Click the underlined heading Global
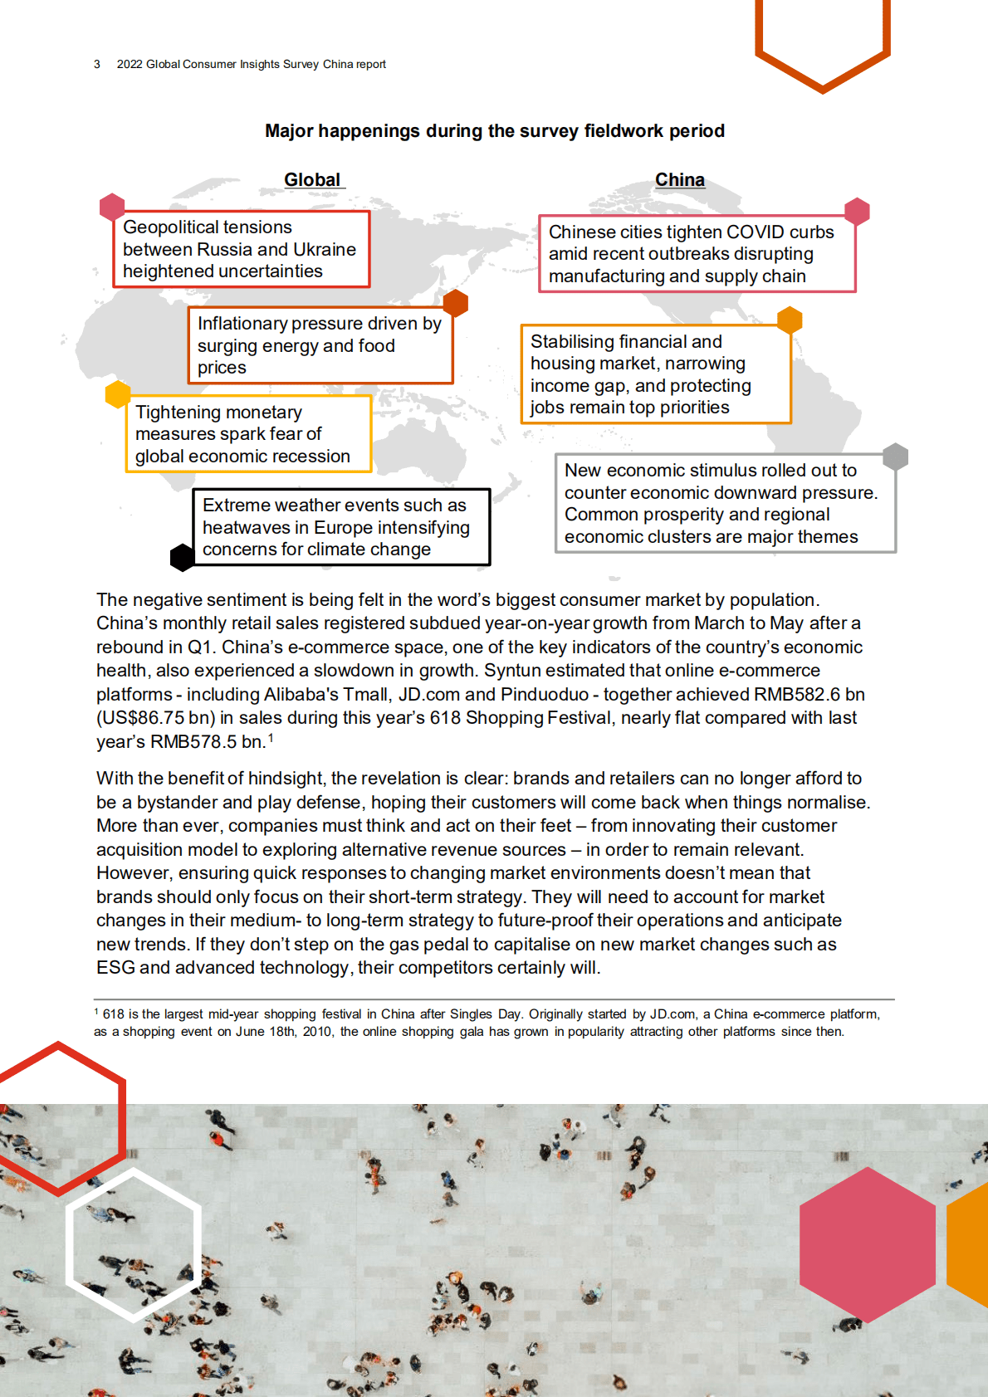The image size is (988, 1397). click(x=312, y=180)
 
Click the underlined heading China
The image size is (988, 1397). click(x=679, y=180)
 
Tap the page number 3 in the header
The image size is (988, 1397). click(x=97, y=64)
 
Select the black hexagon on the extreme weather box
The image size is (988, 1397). click(x=183, y=557)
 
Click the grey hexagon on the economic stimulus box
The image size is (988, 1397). click(x=895, y=456)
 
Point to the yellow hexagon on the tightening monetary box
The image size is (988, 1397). click(x=118, y=394)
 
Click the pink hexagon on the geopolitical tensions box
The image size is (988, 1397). click(x=112, y=207)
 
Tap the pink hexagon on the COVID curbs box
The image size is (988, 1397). click(x=857, y=212)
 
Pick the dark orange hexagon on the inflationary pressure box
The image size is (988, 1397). click(x=456, y=303)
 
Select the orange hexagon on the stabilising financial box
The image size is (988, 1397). click(x=790, y=320)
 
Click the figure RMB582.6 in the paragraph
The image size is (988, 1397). click(x=796, y=695)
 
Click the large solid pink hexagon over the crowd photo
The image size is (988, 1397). click(x=867, y=1244)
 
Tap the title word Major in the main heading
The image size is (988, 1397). click(x=289, y=131)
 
